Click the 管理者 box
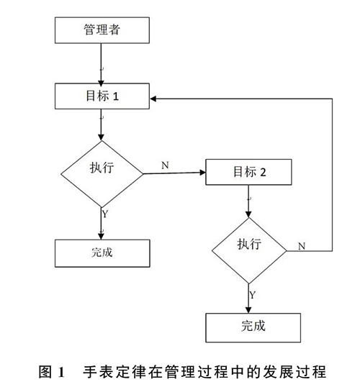[102, 30]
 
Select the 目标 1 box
[102, 96]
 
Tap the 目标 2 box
[248, 172]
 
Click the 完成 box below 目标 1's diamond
[102, 253]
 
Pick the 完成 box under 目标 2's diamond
[253, 327]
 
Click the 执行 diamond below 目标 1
[102, 174]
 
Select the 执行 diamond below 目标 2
[249, 250]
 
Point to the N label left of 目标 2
[165, 165]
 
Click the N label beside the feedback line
[302, 246]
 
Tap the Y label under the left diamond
[105, 214]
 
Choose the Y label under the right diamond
[253, 295]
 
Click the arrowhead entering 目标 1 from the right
[153, 99]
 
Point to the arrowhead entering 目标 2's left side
[203, 173]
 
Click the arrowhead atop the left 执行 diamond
[101, 137]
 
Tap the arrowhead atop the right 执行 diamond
[248, 214]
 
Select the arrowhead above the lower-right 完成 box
[248, 310]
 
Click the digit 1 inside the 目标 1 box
[116, 96]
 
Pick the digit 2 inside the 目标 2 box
[263, 173]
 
